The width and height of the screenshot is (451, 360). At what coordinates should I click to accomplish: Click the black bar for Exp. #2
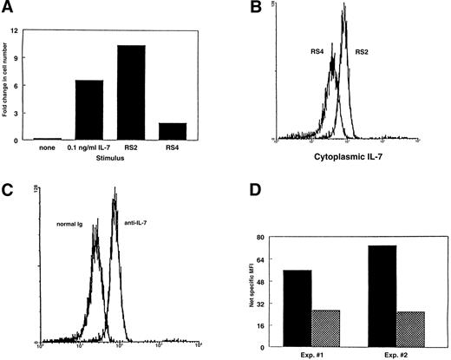pos(379,292)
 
